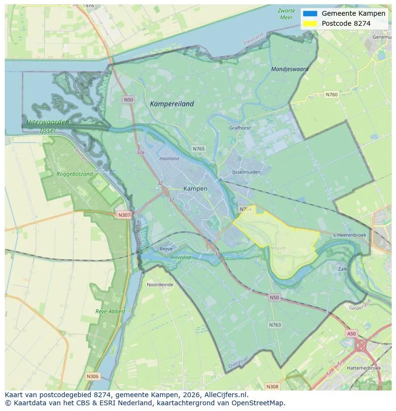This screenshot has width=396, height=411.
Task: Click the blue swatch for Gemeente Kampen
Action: click(310, 13)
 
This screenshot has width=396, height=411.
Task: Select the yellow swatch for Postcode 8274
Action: click(310, 23)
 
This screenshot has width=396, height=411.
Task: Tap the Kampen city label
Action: click(195, 189)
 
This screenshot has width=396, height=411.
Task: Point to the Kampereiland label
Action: click(172, 104)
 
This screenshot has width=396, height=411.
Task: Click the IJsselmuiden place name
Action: click(246, 171)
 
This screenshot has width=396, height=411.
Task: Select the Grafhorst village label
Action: click(240, 128)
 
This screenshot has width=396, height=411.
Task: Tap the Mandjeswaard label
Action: click(289, 69)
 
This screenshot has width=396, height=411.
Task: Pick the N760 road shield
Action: click(331, 95)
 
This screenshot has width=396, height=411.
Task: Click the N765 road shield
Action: click(198, 149)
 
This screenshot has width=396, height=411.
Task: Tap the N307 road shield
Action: click(124, 215)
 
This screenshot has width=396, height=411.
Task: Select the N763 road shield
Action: click(275, 325)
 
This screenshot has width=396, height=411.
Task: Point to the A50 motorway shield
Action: click(351, 334)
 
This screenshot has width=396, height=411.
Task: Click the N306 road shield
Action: click(93, 377)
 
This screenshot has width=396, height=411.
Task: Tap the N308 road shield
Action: click(272, 386)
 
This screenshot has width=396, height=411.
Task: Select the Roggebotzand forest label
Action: click(75, 174)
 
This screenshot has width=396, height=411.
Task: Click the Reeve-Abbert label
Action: click(110, 311)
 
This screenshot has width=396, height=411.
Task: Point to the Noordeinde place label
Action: click(160, 284)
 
